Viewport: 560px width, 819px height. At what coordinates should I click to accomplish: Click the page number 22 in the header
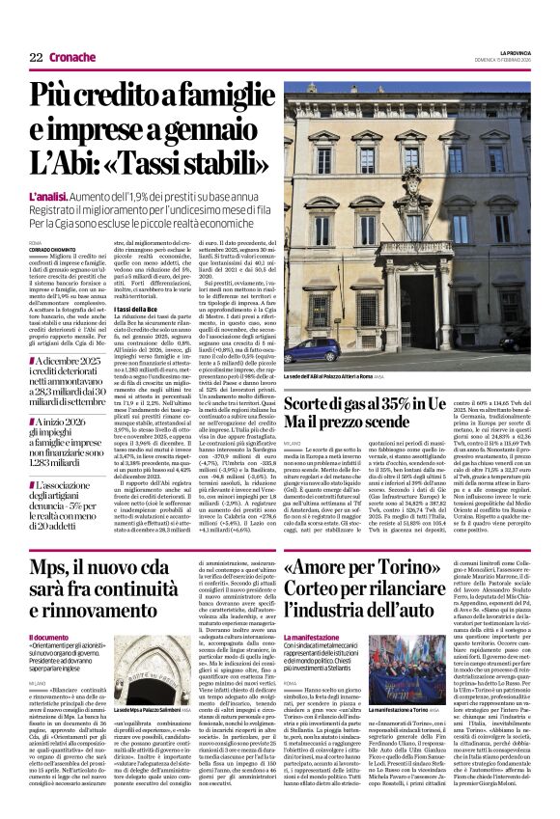coord(36,56)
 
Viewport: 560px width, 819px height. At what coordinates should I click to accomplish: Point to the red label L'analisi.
coord(48,198)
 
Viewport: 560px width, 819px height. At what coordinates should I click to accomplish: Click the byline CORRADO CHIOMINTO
coord(51,249)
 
